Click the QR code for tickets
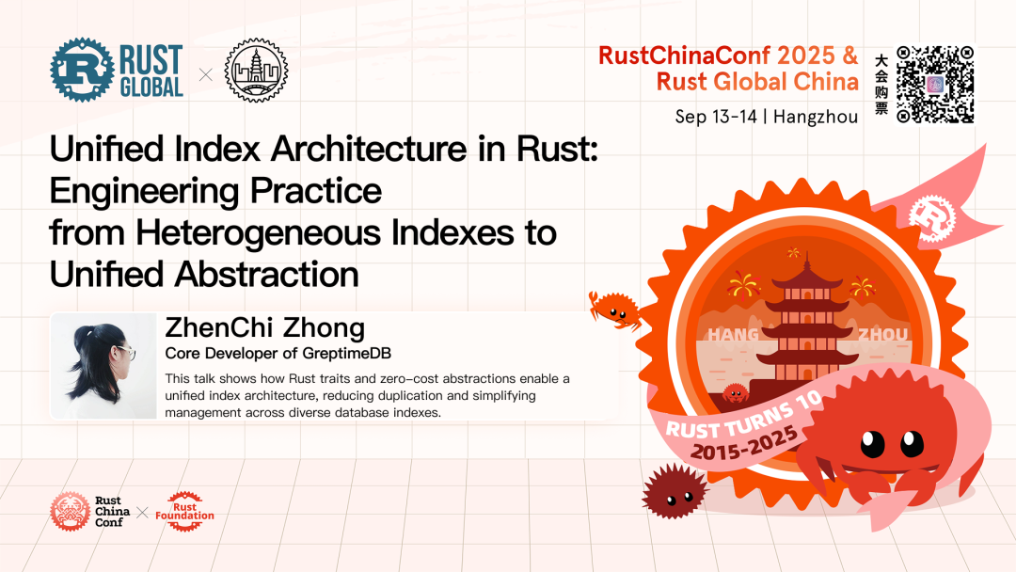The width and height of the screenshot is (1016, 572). click(934, 84)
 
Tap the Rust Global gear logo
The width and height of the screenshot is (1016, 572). click(82, 69)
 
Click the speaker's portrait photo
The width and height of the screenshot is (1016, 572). click(103, 366)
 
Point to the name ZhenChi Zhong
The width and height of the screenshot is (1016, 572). click(264, 328)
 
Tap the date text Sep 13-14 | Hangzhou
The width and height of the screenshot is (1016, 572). click(766, 118)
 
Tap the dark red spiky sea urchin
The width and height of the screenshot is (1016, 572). click(674, 490)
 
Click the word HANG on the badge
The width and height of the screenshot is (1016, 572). click(733, 335)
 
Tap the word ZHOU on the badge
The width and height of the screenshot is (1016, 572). click(882, 335)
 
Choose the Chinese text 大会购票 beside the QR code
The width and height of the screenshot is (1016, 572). click(881, 84)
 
